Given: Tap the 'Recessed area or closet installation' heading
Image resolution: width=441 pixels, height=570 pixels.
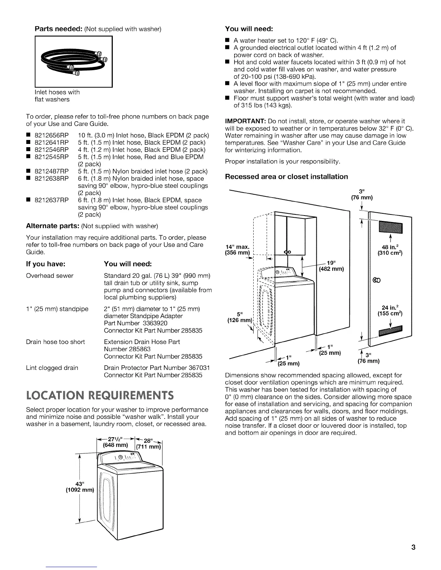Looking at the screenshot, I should (x=286, y=177).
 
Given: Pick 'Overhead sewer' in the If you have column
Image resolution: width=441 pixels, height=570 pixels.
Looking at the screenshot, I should (x=50, y=276).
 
